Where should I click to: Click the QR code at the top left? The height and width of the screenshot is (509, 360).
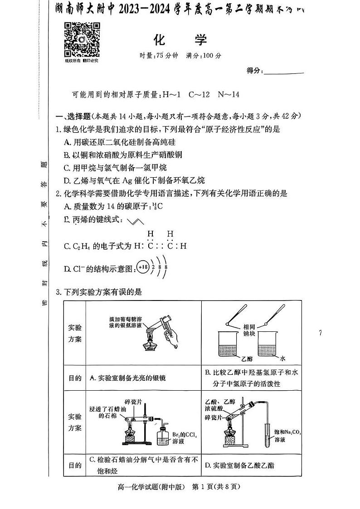coord(82,39)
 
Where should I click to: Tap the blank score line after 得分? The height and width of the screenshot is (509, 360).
coord(283,71)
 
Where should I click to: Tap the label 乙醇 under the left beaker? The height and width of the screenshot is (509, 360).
coord(247,358)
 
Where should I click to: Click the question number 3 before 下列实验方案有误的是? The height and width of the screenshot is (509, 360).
coord(58,292)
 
